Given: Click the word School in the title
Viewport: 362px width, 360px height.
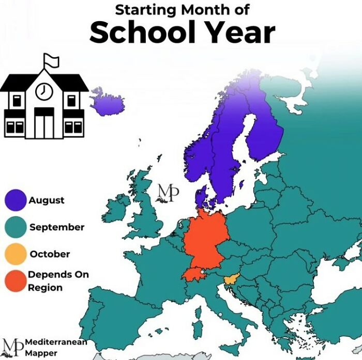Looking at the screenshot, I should pyautogui.click(x=139, y=33).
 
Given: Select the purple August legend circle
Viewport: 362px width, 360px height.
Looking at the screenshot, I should pyautogui.click(x=16, y=201).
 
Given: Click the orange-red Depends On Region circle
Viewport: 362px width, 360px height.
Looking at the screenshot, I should pyautogui.click(x=16, y=281).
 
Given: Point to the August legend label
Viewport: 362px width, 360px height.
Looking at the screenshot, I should pyautogui.click(x=47, y=200).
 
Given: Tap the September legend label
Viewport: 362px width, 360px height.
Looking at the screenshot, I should pyautogui.click(x=57, y=227).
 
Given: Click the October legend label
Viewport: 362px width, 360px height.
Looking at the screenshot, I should pyautogui.click(x=50, y=254).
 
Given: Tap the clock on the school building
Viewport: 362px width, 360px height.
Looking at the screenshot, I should pyautogui.click(x=43, y=91).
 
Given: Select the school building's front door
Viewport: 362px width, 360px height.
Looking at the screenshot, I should pyautogui.click(x=44, y=126).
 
